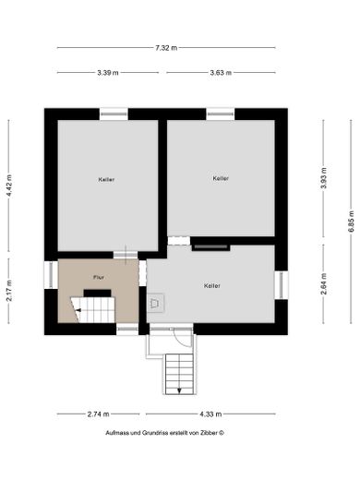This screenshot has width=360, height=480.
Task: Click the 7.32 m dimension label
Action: tap(166, 47)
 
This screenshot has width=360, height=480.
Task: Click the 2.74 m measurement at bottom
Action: tap(98, 414)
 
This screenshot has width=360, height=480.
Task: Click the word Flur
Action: tap(98, 277)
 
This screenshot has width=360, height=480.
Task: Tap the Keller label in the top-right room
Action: tap(220, 178)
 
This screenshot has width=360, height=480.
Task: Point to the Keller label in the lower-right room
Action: tap(212, 286)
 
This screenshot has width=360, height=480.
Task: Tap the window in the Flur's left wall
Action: tap(48, 276)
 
